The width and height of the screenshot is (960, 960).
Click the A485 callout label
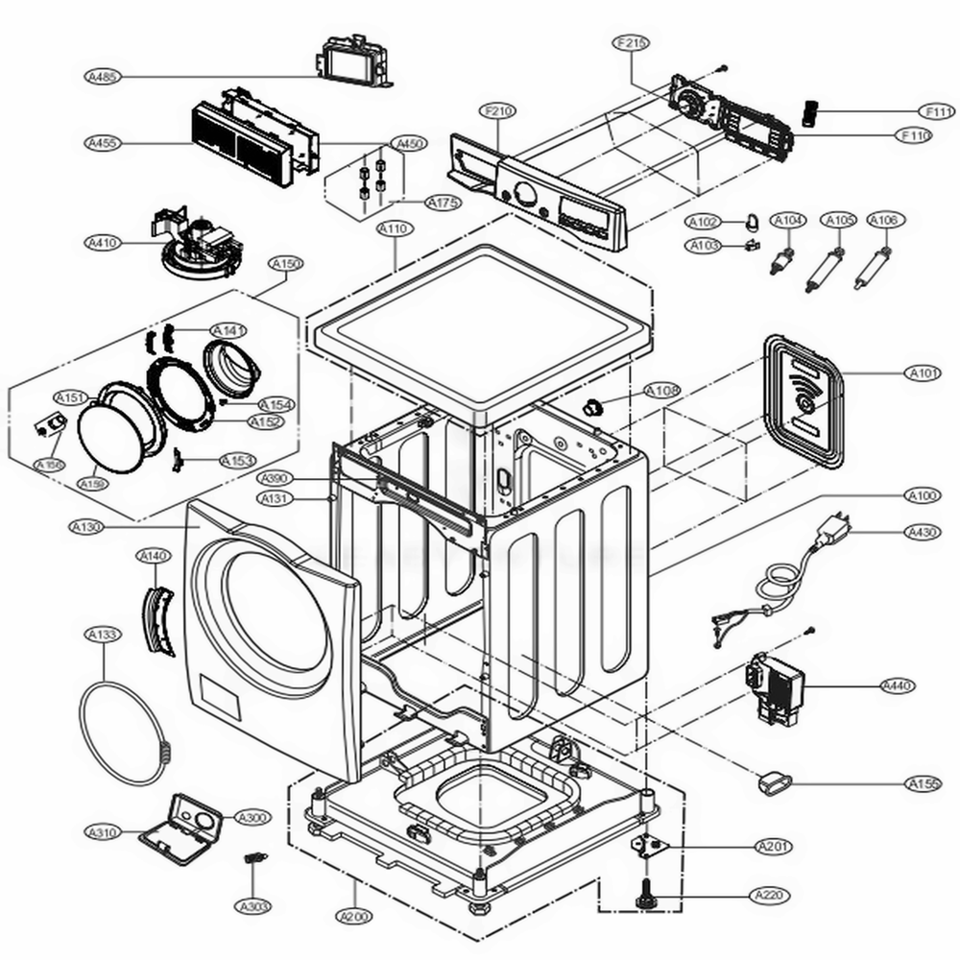pos(102,77)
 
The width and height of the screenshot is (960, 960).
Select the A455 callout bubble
pos(102,144)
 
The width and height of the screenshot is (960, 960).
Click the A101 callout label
pos(923,372)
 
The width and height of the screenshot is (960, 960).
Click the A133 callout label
pos(102,635)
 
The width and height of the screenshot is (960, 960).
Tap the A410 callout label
pos(102,243)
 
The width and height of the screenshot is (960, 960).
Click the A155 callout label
pos(923,784)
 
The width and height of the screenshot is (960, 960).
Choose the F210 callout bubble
pos(498,112)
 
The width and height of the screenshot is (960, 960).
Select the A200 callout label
pos(353,917)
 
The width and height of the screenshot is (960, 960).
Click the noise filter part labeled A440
pos(780,686)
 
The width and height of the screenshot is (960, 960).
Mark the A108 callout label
pos(661,391)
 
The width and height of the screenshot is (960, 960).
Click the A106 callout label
pos(883,221)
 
